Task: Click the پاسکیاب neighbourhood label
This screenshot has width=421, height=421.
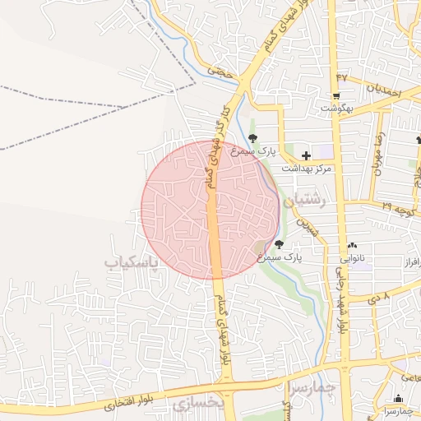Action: [130, 262]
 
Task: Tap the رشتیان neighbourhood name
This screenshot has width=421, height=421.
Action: [304, 200]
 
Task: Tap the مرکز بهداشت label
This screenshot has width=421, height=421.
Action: [306, 168]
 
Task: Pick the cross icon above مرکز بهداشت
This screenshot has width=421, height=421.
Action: [306, 155]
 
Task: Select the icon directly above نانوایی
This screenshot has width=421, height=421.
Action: [353, 245]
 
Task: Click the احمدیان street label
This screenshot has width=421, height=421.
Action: [383, 90]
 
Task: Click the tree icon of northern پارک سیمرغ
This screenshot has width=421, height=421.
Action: [252, 137]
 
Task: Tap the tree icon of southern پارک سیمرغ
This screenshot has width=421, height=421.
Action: [279, 244]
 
